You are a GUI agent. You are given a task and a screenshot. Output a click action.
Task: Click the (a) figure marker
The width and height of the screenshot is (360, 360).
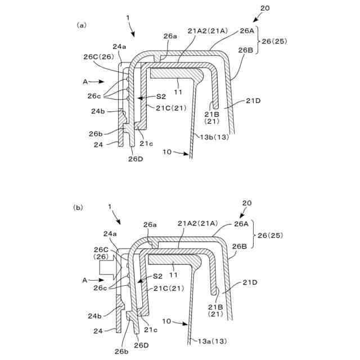82,25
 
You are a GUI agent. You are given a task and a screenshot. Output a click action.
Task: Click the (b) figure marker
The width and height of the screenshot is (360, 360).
78,207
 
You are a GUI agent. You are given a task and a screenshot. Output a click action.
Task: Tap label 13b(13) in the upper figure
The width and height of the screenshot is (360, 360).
213,136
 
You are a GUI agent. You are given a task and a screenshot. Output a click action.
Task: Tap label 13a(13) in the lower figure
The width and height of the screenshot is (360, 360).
213,341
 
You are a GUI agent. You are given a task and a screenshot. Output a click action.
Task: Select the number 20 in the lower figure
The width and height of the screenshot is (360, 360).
247,202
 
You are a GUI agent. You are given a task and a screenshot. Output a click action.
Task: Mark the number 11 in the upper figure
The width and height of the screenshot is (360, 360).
178,91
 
